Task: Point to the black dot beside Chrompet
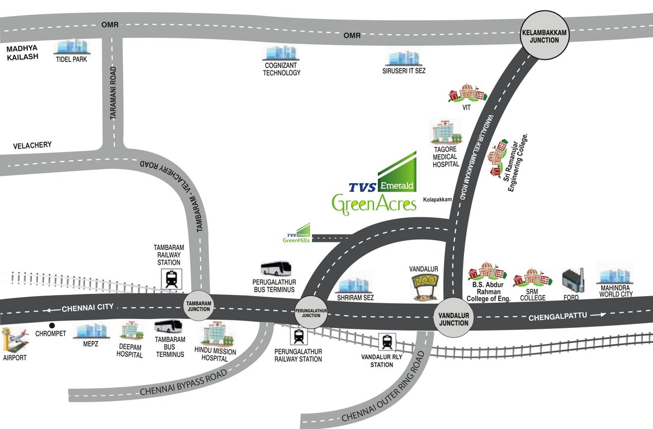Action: [52, 325]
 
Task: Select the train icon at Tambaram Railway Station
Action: [172, 279]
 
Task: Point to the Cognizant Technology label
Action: [282, 69]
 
